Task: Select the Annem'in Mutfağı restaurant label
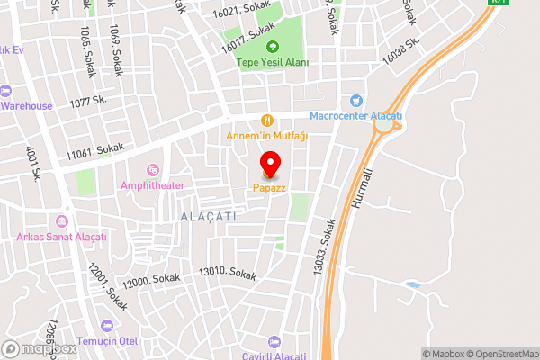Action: pyautogui.click(x=266, y=136)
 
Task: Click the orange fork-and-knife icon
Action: pyautogui.click(x=266, y=120)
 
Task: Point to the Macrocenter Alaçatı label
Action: pyautogui.click(x=356, y=116)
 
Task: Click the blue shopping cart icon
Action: pyautogui.click(x=357, y=100)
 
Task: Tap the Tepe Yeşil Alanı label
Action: pyautogui.click(x=273, y=62)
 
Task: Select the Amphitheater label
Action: pyautogui.click(x=152, y=185)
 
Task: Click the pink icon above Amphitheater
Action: pyautogui.click(x=152, y=169)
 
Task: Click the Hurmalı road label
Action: pyautogui.click(x=379, y=191)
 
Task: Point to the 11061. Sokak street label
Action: pyautogui.click(x=94, y=153)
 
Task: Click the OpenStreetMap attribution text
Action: pyautogui.click(x=502, y=354)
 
